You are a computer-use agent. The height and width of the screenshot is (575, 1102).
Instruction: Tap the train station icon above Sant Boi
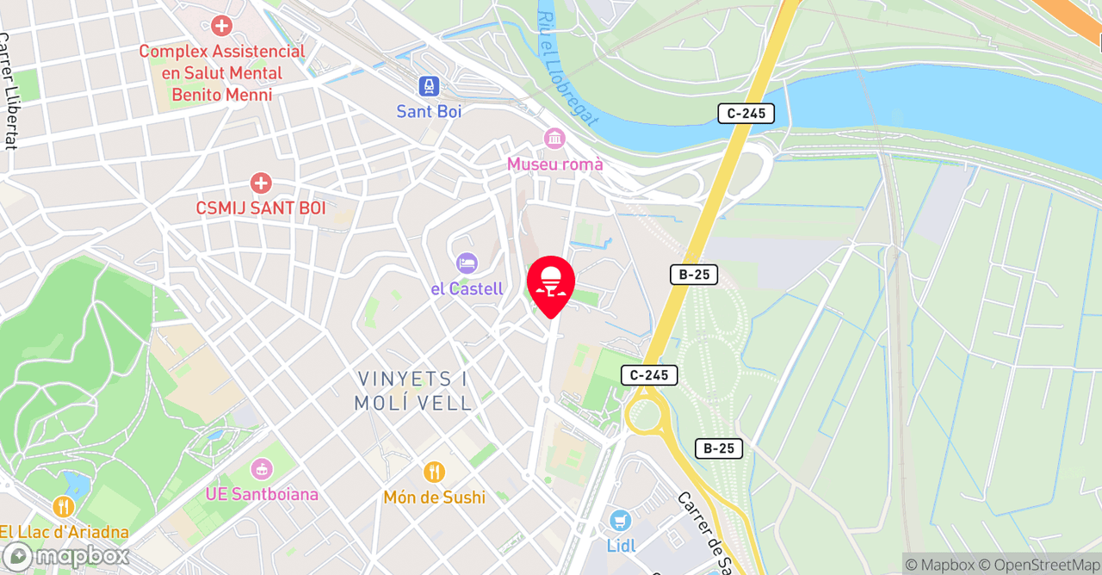point(429,86)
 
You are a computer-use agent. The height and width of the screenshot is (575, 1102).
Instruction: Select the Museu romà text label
point(554,164)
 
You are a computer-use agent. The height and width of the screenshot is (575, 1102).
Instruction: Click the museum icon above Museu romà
point(554,139)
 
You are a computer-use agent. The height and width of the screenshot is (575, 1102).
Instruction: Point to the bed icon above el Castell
point(467,263)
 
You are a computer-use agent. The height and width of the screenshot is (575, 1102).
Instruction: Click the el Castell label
point(467,288)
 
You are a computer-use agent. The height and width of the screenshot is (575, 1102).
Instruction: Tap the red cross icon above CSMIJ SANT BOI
point(260,182)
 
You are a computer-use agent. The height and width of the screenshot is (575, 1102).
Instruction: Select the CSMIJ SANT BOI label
point(260,208)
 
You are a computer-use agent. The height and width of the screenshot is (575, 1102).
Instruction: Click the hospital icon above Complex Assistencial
point(222,26)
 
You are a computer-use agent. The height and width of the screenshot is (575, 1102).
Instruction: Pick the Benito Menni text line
point(222,95)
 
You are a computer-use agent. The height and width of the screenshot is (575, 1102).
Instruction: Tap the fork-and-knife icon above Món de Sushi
point(434,472)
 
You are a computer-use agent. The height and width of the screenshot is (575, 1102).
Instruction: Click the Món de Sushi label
point(434,498)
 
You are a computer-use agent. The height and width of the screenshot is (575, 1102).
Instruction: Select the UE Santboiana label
point(262,494)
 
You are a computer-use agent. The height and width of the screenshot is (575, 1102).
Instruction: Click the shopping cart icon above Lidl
point(619,521)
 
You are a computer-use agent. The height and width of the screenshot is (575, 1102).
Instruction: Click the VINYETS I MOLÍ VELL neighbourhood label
point(413,391)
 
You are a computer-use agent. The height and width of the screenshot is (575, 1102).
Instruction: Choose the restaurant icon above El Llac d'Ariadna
point(62,507)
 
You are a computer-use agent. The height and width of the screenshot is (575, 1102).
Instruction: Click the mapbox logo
point(65,556)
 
